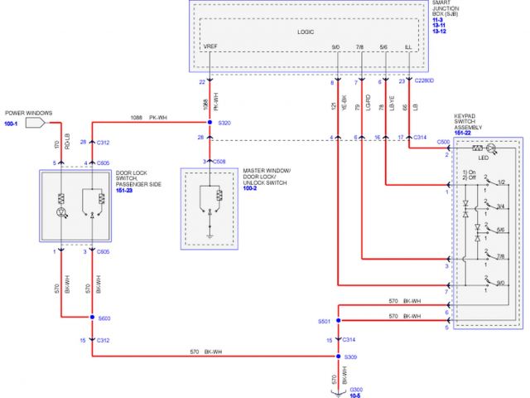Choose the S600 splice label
pyautogui.click(x=104, y=318)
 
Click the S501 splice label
pyautogui.click(x=324, y=320)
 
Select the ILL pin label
pyautogui.click(x=407, y=47)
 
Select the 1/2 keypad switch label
pyautogui.click(x=500, y=180)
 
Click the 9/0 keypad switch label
pyautogui.click(x=500, y=284)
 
